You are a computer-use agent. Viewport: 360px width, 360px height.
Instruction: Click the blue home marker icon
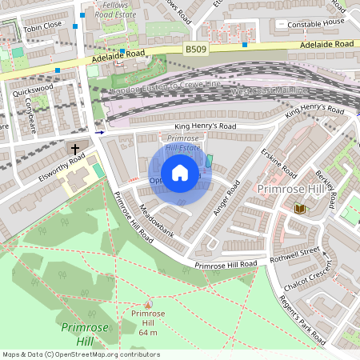click(x=180, y=173)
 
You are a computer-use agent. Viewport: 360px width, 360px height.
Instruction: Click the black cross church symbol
click(x=76, y=150)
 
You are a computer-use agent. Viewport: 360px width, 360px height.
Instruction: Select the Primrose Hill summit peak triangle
click(x=147, y=304)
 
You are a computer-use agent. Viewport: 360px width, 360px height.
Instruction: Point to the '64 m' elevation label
click(x=147, y=332)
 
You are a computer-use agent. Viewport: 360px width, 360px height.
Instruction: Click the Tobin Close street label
click(x=42, y=26)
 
